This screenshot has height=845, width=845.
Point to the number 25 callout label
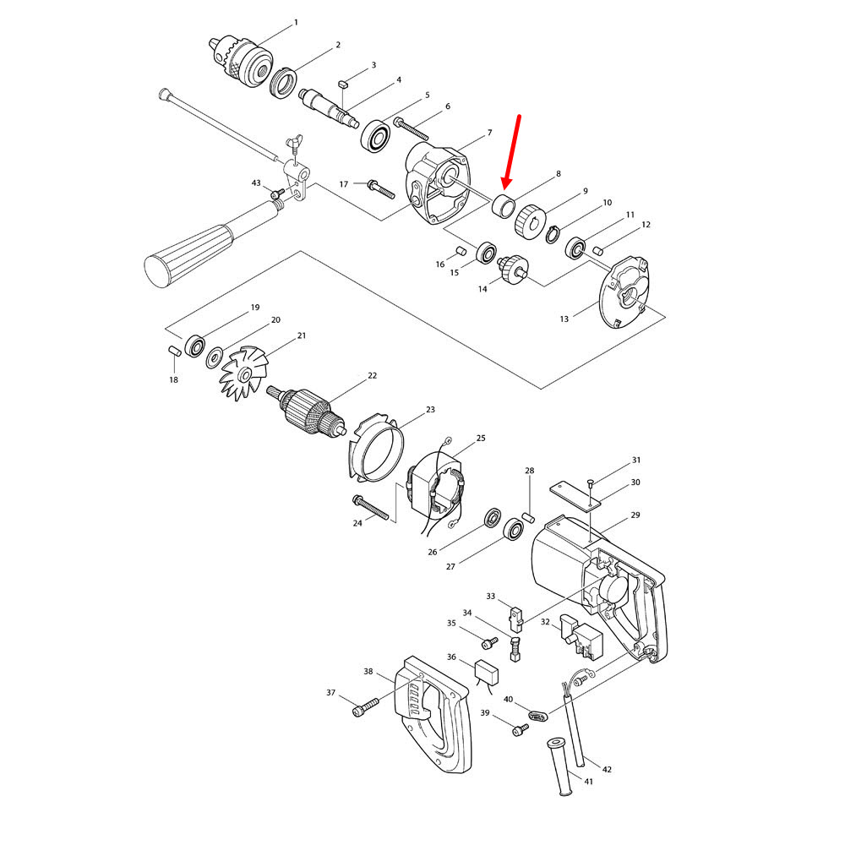(481, 439)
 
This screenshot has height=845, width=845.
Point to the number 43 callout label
(256, 183)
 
